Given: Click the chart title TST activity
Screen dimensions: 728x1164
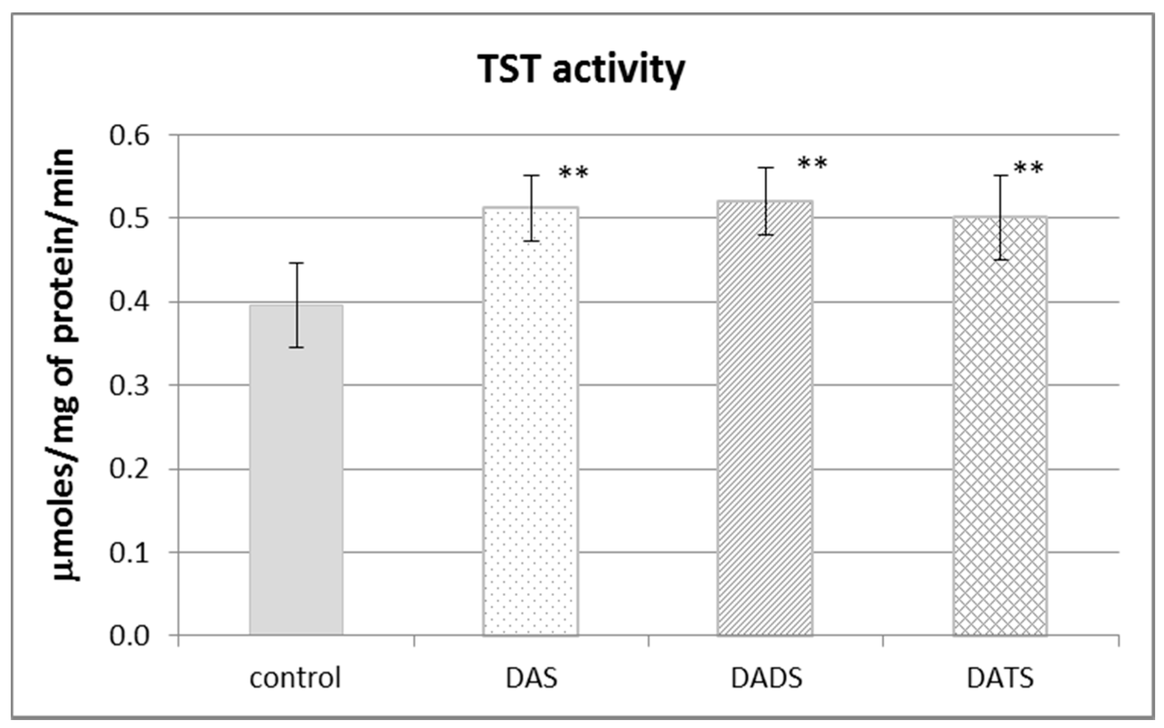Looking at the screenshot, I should (x=581, y=69).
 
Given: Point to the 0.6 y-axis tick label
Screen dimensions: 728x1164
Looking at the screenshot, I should (x=130, y=135).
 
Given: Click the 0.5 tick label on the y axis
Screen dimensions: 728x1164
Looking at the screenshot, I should (x=130, y=219).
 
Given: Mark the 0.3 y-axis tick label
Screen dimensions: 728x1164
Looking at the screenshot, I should (x=130, y=385).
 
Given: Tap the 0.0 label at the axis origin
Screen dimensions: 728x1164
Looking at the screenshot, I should (x=130, y=636).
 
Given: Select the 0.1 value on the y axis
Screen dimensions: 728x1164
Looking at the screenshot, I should (x=130, y=553).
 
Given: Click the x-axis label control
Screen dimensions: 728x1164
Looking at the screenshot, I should (x=295, y=678).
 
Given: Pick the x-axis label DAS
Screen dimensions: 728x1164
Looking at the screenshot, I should (x=531, y=678).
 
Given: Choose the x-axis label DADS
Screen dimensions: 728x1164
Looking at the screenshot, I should (x=766, y=678).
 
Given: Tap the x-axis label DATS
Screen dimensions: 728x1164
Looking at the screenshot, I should (x=1000, y=678).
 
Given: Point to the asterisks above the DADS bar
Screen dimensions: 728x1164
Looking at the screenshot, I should (x=812, y=164).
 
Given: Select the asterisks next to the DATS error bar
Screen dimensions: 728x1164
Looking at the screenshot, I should (x=1028, y=169).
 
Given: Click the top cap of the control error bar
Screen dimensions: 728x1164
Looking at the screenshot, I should (x=296, y=263).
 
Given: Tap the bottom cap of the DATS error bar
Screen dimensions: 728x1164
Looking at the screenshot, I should (x=1000, y=260).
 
